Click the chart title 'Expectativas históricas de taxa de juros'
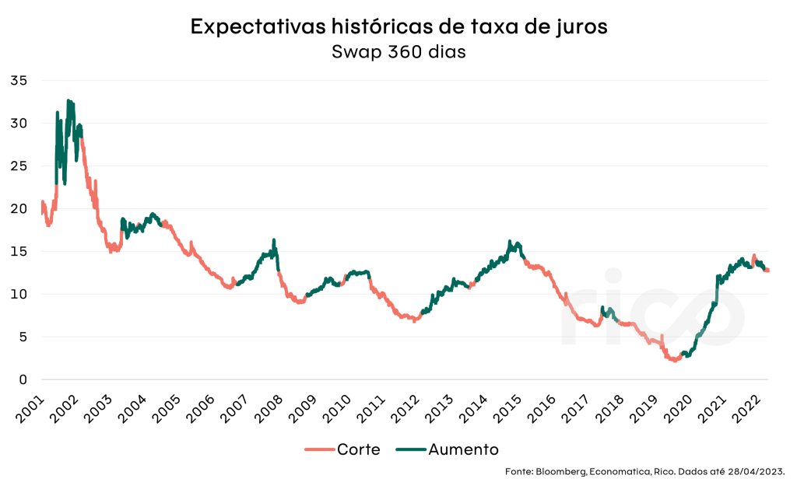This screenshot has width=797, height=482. click(398, 26)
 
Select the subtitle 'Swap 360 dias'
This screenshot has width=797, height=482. click(398, 52)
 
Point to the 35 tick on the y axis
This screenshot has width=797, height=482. click(19, 80)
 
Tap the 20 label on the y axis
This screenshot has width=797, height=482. click(19, 208)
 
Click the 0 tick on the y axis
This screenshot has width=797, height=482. click(23, 379)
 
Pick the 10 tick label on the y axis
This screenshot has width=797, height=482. click(19, 294)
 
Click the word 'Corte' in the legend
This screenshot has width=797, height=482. click(358, 449)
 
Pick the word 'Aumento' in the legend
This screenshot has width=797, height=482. click(463, 449)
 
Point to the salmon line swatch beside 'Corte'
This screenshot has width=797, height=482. click(319, 449)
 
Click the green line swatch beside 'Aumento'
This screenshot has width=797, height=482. click(410, 449)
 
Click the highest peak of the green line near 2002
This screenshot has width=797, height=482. click(68, 100)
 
